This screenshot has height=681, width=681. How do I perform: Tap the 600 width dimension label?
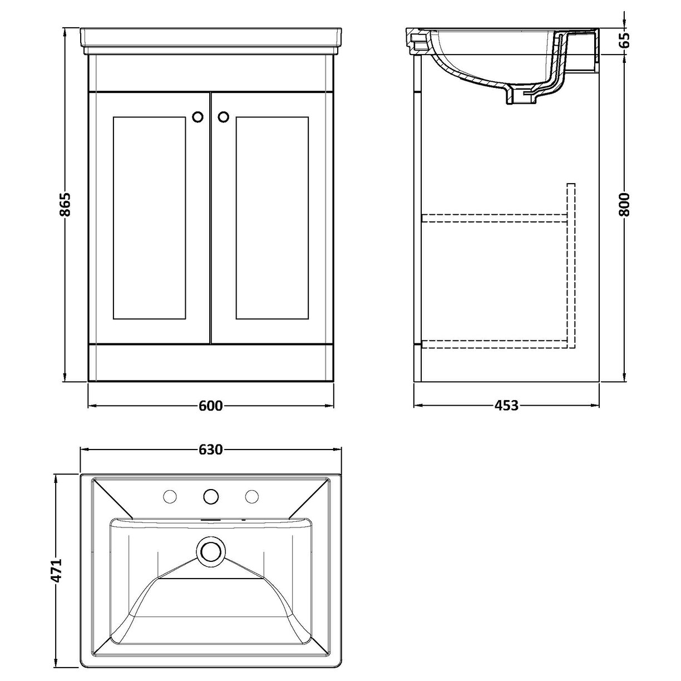coord(211,406)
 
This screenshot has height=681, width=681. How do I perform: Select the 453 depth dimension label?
coord(506,406)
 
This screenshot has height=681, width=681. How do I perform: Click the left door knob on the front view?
coord(198,117)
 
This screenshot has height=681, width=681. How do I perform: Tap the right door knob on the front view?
coord(223,117)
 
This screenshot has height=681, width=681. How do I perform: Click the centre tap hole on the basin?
coord(210,496)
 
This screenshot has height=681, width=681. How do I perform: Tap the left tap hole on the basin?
coord(169,496)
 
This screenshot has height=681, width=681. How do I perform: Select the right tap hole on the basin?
coord(251,496)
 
